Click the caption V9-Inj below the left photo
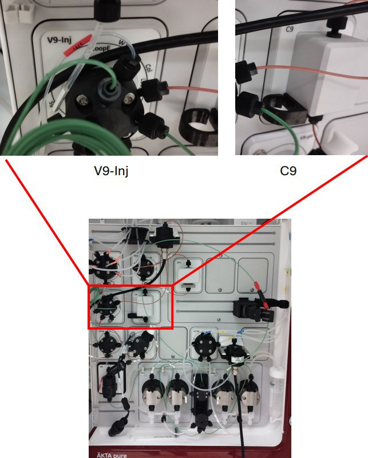110,170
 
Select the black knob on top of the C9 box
332,25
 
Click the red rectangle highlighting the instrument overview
130,307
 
